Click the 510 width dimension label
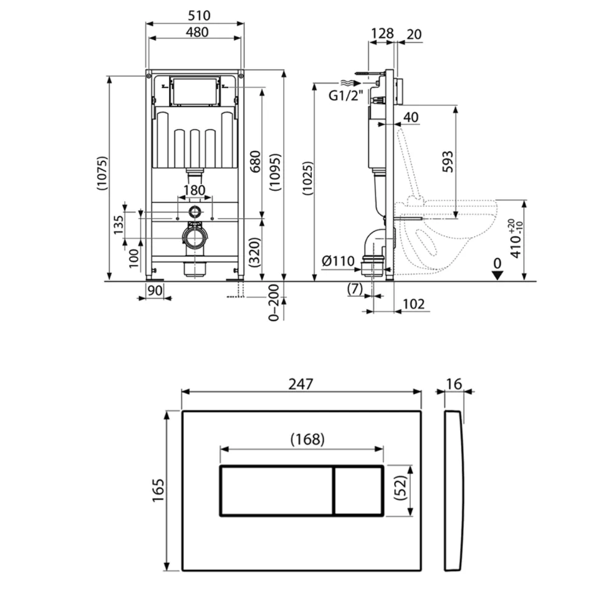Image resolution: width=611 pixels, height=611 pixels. [x=199, y=16]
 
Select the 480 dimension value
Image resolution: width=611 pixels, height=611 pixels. [x=197, y=32]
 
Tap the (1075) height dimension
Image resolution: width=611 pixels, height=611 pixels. [x=102, y=173]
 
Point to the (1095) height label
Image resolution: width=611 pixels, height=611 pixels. [x=276, y=172]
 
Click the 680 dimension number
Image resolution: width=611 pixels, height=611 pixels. [x=255, y=161]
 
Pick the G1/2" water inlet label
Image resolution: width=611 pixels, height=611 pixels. [x=345, y=95]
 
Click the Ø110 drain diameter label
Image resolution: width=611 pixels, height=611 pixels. [x=338, y=261]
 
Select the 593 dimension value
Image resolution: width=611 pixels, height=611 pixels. [x=448, y=161]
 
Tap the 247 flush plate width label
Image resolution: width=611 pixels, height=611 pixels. [x=301, y=384]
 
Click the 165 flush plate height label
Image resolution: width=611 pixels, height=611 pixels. [x=158, y=490]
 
